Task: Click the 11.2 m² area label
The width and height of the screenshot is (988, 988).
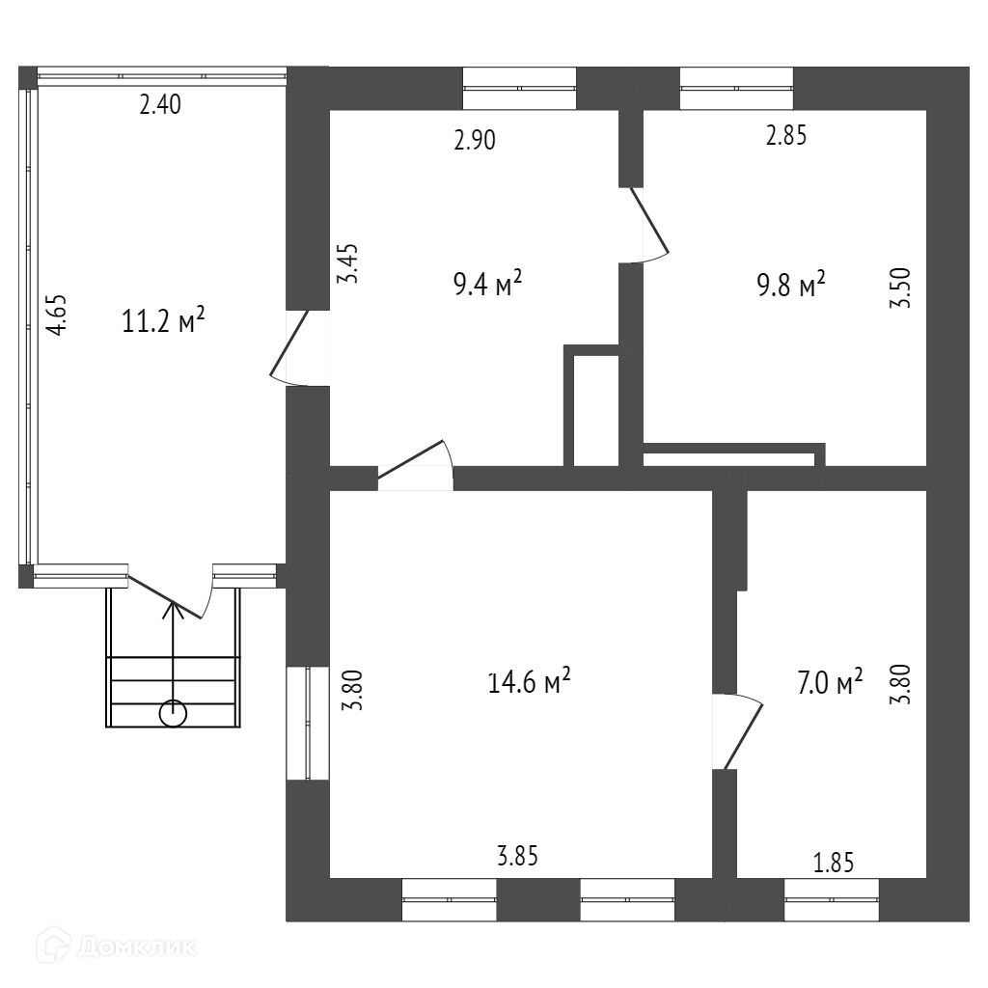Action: coord(164,320)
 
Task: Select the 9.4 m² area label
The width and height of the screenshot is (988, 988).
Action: coord(487,284)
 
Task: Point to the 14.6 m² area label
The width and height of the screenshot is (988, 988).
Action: coord(530,682)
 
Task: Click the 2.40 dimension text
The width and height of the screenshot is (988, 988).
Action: coord(160,105)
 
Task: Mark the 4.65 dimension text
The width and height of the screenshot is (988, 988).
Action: coord(59,315)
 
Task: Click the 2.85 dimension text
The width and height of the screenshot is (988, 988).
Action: coord(785,136)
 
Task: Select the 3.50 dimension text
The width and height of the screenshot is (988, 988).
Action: coord(902,288)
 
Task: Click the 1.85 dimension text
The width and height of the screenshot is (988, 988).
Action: coord(834,863)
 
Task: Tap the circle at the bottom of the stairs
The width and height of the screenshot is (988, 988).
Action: coord(174,713)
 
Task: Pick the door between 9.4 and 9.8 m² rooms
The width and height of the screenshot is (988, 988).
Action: coord(648,225)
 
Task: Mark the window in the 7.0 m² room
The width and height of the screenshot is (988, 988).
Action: coord(832,900)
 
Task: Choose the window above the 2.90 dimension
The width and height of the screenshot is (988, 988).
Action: coord(519,89)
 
